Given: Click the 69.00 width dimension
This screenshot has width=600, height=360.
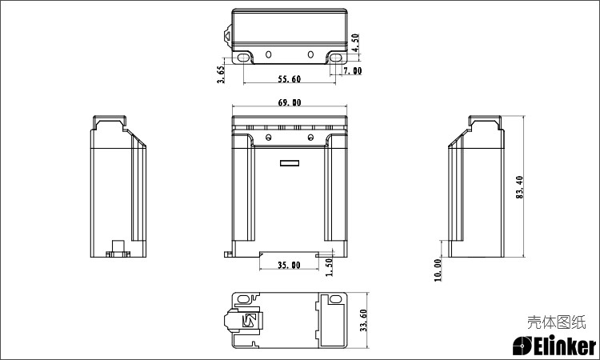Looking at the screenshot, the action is tap(290, 102).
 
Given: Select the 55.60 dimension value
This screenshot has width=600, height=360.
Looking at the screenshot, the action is tap(290, 79).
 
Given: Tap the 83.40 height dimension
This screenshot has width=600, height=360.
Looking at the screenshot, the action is tap(520, 187).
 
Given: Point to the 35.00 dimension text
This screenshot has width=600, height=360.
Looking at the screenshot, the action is tap(289, 265).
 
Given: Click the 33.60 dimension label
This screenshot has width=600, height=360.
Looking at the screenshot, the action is tap(363, 320).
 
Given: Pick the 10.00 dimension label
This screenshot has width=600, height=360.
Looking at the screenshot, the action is tap(438, 270).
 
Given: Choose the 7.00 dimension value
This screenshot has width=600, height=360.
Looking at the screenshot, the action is tap(352, 70).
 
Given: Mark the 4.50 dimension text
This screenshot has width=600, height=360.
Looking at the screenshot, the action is tap(355, 42).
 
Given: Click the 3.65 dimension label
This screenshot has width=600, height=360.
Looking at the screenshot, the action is tap(221, 74).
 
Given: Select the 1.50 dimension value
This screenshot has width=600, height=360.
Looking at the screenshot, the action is tap(329, 266).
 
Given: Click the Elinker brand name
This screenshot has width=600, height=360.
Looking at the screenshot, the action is tap(554, 346).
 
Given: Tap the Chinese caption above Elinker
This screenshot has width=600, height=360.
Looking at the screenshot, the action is tap(556, 322).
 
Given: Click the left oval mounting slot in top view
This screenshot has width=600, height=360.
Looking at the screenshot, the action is tap(243, 58).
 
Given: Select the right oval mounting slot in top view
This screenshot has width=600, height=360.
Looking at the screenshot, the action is tap(336, 58).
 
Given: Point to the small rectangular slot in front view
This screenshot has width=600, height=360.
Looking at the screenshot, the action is tap(290, 163).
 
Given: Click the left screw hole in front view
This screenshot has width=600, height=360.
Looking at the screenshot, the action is tap(269, 137).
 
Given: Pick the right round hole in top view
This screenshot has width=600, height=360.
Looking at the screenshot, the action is tap(310, 54).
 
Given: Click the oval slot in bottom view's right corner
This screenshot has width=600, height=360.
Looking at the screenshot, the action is tap(335, 299).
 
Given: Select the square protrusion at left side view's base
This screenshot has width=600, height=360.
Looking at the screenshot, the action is tap(118, 246).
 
